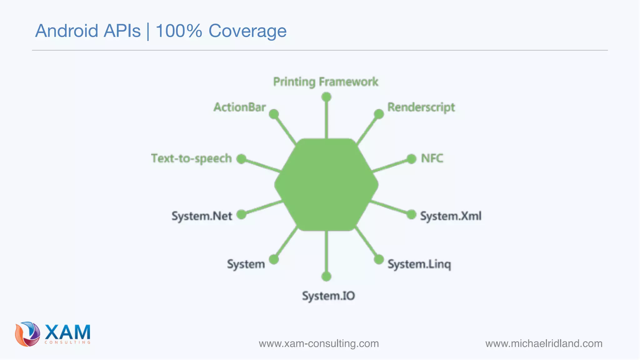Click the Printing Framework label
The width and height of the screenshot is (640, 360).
pyautogui.click(x=326, y=82)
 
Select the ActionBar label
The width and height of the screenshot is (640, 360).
pyautogui.click(x=240, y=107)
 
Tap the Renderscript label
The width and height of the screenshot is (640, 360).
pyautogui.click(x=421, y=107)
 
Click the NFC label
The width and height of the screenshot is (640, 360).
pyautogui.click(x=432, y=158)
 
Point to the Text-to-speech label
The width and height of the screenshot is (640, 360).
pyautogui.click(x=191, y=158)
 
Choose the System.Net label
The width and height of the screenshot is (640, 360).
pyautogui.click(x=202, y=216)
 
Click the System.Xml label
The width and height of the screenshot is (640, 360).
pyautogui.click(x=450, y=216)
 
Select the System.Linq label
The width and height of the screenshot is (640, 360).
pyautogui.click(x=419, y=264)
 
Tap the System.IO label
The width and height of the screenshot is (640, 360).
pyautogui.click(x=328, y=296)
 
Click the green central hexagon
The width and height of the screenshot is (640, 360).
pyautogui.click(x=326, y=185)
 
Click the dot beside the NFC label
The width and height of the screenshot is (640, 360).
pyautogui.click(x=411, y=159)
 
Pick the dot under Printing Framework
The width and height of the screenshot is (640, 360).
pyautogui.click(x=326, y=97)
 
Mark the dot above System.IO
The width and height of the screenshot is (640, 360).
pyautogui.click(x=326, y=276)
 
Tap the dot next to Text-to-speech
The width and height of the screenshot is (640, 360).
pyautogui.click(x=241, y=159)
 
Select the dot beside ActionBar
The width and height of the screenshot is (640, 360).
pyautogui.click(x=274, y=114)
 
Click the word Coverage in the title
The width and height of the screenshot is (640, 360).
pyautogui.click(x=247, y=31)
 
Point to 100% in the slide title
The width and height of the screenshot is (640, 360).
pyautogui.click(x=178, y=31)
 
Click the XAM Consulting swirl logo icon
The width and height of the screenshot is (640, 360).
pyautogui.click(x=27, y=334)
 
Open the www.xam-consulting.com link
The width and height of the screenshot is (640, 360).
pyautogui.click(x=319, y=343)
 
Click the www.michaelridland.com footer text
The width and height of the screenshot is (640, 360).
pyautogui.click(x=544, y=343)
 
